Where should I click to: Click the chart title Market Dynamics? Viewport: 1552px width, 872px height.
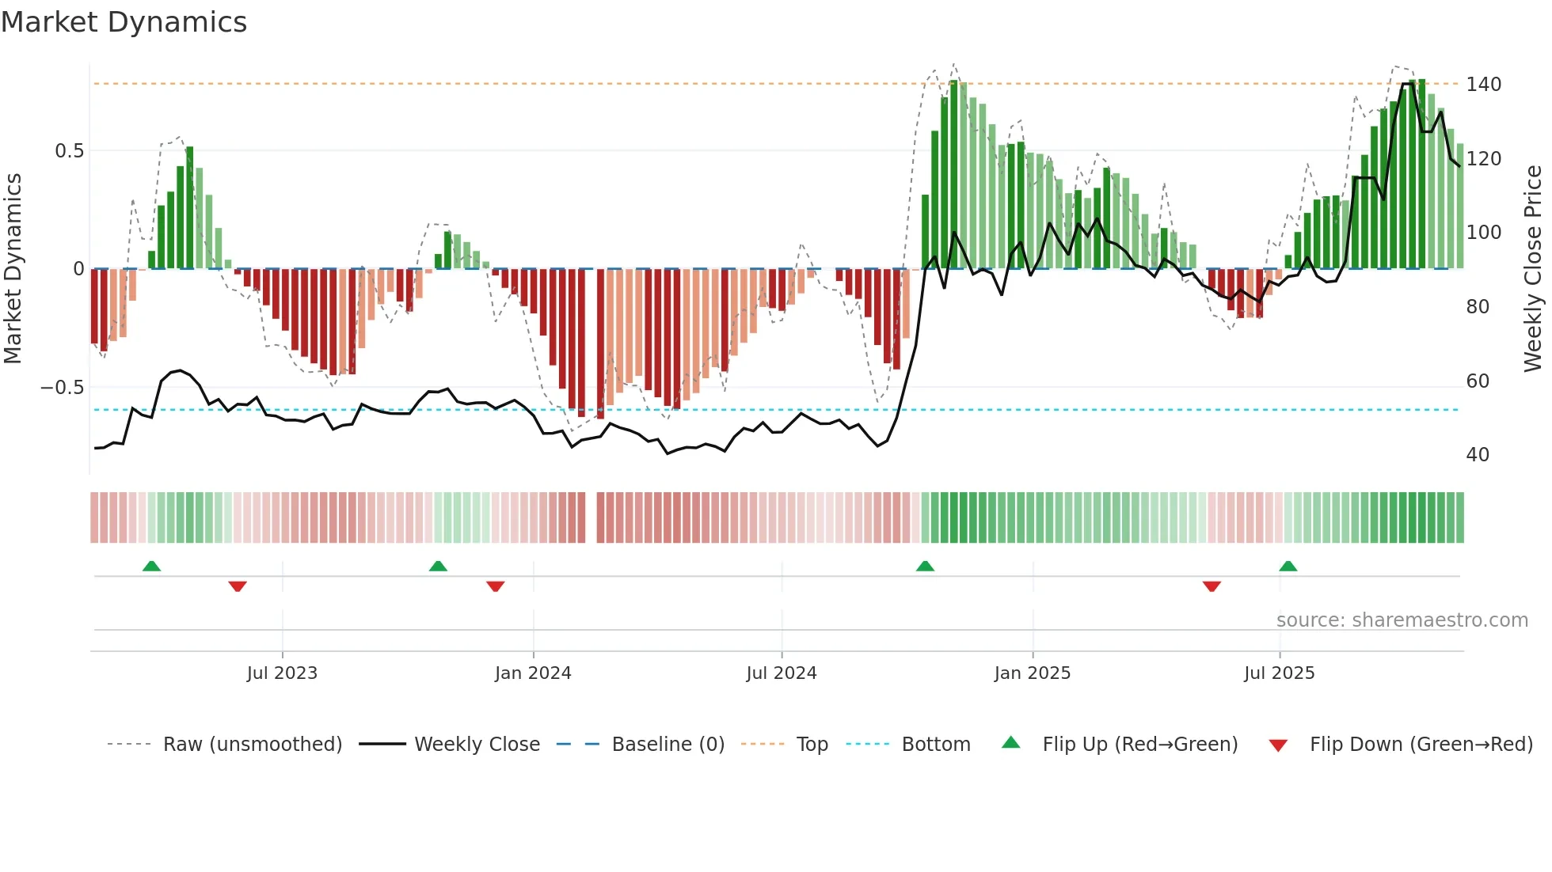click(124, 22)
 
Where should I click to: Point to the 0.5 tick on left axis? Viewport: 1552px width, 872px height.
click(69, 151)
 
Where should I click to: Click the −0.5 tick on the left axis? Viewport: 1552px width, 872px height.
click(63, 388)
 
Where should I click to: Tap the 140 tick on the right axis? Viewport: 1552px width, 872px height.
click(1483, 85)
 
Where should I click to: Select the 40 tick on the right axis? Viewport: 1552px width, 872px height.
click(1478, 455)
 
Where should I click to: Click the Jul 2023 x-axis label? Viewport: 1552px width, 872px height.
click(282, 673)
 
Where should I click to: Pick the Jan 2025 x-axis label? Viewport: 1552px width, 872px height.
click(1032, 673)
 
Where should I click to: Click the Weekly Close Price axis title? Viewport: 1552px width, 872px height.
click(1533, 269)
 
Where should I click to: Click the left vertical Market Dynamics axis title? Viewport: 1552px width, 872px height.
click(13, 269)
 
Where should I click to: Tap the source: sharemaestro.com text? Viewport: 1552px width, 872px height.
click(1402, 620)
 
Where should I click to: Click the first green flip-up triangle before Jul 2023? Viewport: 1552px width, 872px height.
click(151, 566)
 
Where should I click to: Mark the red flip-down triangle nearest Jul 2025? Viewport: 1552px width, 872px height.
click(1212, 586)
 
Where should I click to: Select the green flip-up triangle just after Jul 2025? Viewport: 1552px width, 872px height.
click(1288, 566)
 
